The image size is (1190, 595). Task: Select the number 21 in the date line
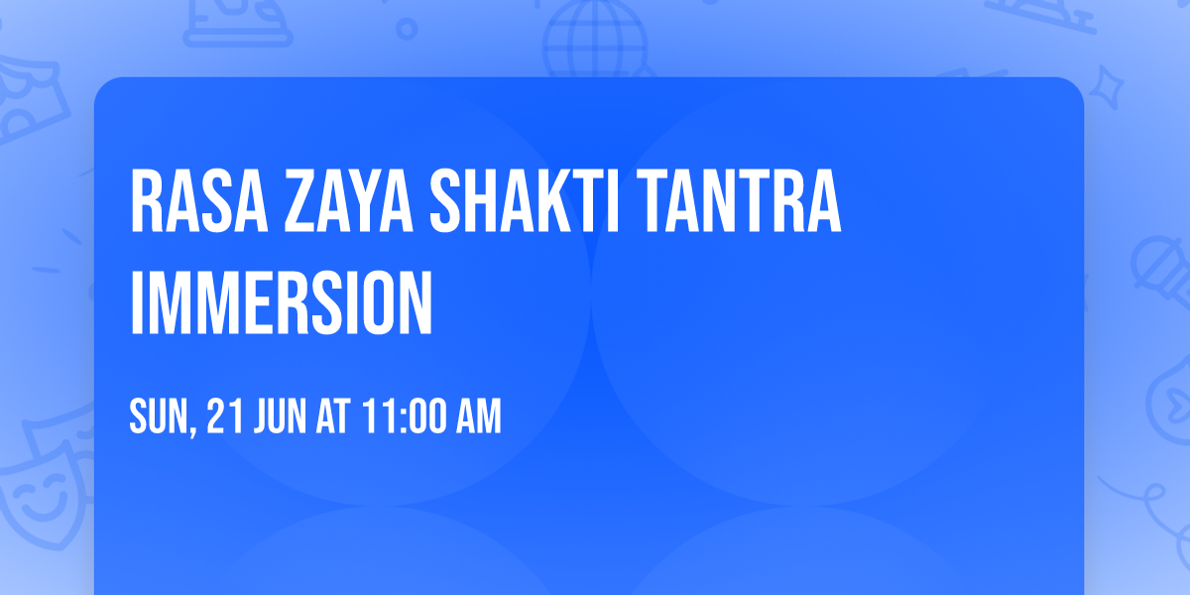(222, 417)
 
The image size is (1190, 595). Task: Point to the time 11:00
(403, 417)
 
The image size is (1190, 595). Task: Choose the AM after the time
(477, 417)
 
